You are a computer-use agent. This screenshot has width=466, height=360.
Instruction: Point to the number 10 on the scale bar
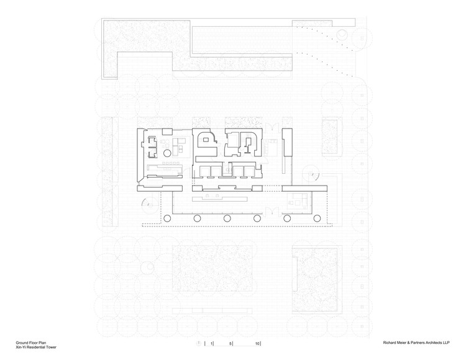pos(257,343)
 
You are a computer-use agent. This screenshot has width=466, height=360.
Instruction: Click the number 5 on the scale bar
pos(231,343)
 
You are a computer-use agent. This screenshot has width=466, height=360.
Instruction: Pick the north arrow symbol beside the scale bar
pos(199,343)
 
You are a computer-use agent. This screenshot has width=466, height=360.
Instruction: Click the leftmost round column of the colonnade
pos(166,218)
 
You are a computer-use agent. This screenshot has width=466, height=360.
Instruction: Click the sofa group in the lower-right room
pos(295,199)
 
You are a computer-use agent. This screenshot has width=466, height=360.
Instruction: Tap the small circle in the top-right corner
pos(341,35)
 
